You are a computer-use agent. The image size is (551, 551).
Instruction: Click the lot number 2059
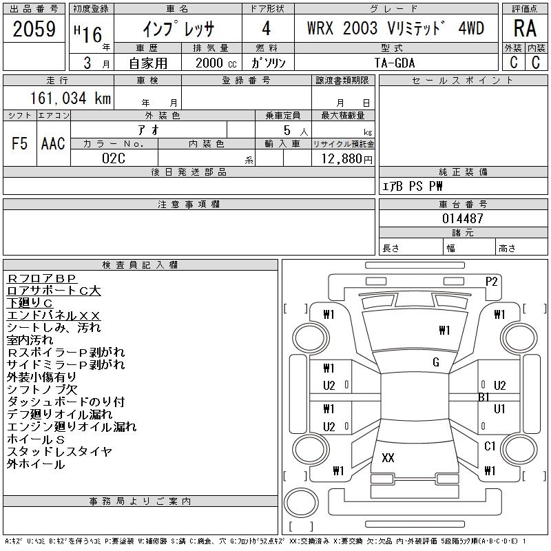click(x=34, y=29)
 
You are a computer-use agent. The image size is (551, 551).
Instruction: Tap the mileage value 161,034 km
click(x=70, y=98)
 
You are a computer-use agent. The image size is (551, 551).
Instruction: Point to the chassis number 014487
click(x=463, y=218)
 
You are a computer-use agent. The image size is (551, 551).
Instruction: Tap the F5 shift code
click(x=20, y=143)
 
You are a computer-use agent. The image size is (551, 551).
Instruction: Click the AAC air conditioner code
click(x=53, y=143)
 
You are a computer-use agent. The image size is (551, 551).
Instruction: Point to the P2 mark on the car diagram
click(x=492, y=281)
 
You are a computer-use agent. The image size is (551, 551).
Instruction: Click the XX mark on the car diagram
click(x=388, y=458)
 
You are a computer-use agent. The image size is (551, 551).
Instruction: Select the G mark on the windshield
click(x=435, y=362)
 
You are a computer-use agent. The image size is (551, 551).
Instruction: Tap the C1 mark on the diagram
click(x=490, y=446)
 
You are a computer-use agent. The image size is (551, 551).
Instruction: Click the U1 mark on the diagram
click(x=499, y=409)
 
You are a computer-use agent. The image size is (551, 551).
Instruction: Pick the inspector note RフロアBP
click(x=45, y=278)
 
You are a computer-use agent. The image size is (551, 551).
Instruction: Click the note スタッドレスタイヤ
click(x=59, y=452)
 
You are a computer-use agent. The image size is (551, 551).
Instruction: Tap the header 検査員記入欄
click(x=141, y=265)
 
